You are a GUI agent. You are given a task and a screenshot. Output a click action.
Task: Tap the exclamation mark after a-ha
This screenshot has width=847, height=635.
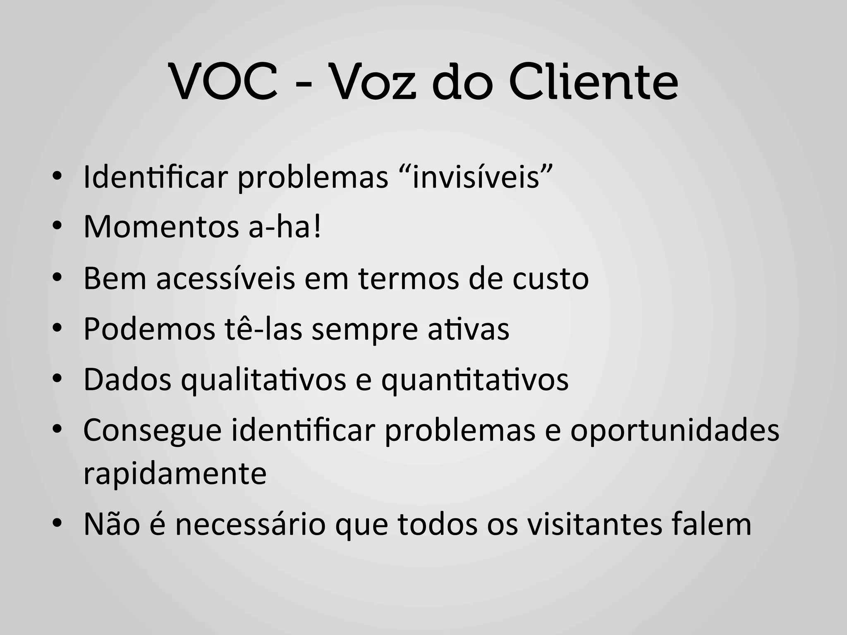pos(317,228)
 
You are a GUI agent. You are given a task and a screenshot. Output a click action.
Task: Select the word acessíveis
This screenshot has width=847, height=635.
pos(226,279)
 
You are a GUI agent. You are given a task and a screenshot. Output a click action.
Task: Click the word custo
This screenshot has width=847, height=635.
pos(550,279)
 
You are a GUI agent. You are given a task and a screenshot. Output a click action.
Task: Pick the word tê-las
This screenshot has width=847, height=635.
pos(264,329)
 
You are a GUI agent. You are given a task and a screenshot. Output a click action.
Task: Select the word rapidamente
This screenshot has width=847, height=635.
pos(175,474)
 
